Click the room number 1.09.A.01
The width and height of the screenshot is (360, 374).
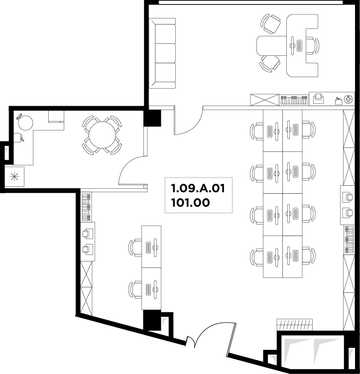click(x=198, y=188)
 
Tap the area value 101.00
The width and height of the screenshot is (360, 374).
click(x=191, y=203)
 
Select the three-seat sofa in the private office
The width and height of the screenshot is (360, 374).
click(x=162, y=53)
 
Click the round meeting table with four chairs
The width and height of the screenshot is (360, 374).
click(x=102, y=135)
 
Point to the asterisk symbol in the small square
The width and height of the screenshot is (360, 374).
click(x=14, y=176)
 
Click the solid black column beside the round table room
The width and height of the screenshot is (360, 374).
click(x=152, y=118)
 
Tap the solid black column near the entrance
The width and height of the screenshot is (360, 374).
click(x=152, y=320)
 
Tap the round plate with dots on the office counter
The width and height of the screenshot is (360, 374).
click(x=349, y=99)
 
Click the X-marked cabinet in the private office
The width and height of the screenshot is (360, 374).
click(x=264, y=100)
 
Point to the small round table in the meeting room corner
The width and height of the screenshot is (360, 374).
click(x=25, y=123)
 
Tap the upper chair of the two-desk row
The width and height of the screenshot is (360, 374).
click(x=135, y=248)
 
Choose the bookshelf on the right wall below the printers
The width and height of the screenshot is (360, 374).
click(x=349, y=240)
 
